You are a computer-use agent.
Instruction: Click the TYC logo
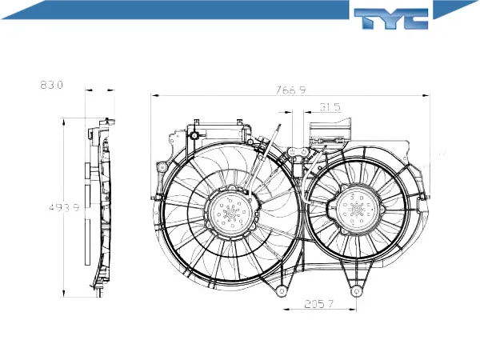click(391, 18)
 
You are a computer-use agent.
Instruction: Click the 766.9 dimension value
click(290, 90)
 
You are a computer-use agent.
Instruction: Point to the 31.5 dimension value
click(330, 107)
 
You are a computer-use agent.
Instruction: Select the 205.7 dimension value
click(318, 304)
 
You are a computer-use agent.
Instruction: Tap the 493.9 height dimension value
click(64, 207)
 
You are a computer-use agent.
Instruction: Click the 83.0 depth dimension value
click(51, 85)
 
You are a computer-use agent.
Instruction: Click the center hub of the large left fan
click(231, 211)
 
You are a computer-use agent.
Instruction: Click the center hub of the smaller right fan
click(357, 210)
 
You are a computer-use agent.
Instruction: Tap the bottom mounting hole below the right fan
click(356, 291)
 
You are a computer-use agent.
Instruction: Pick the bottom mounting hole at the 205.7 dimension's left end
click(282, 291)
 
